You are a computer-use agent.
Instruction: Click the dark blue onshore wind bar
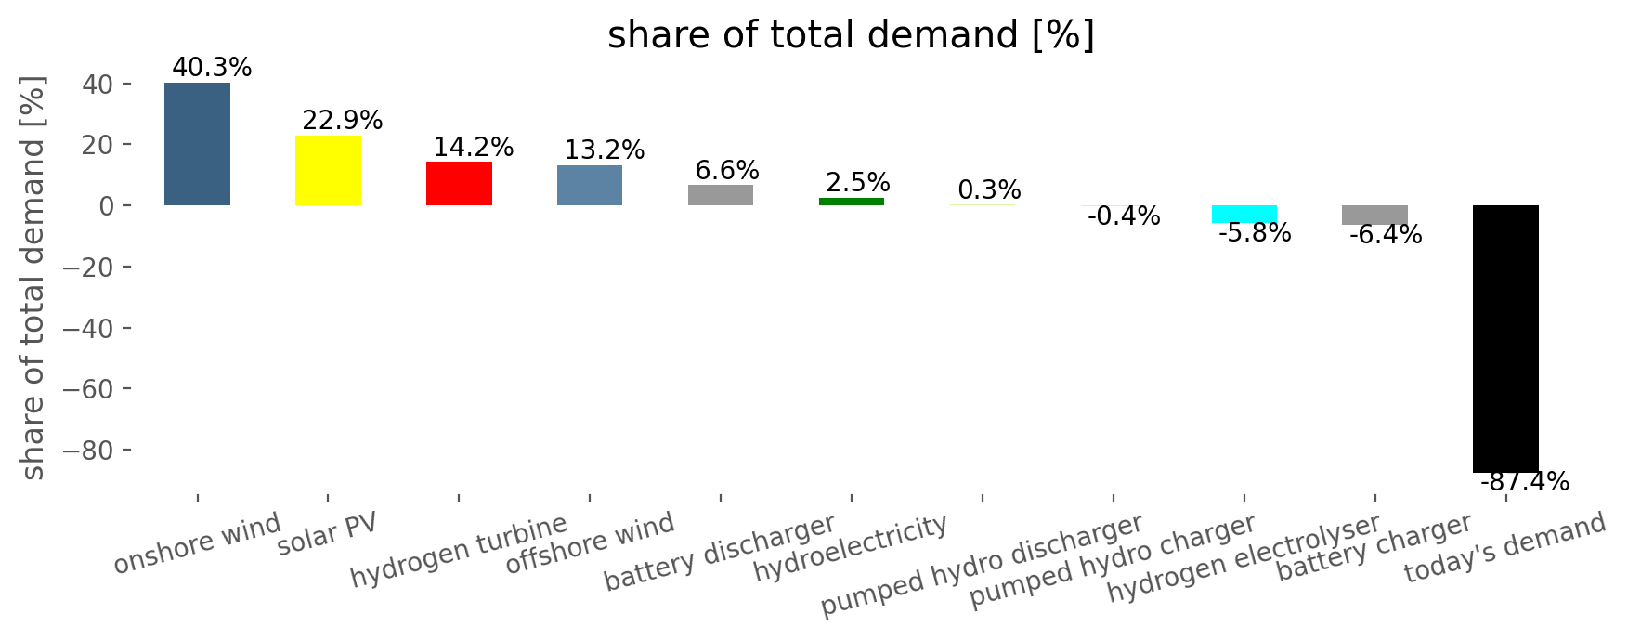[x=197, y=144]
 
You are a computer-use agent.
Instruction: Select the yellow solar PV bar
[x=328, y=170]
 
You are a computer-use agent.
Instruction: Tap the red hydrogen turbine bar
[x=459, y=183]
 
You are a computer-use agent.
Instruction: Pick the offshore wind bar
[x=590, y=185]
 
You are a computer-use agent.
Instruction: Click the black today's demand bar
[x=1505, y=338]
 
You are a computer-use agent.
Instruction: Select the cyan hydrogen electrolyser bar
[x=1244, y=214]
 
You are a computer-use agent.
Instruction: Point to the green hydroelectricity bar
[x=852, y=202]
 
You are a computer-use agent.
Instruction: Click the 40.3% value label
[x=212, y=68]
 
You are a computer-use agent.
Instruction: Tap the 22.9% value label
[x=343, y=121]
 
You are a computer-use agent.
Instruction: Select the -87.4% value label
[x=1524, y=482]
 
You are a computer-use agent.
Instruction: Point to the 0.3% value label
[x=989, y=190]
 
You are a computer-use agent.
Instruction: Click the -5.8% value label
[x=1254, y=233]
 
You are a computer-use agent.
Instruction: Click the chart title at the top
[x=851, y=35]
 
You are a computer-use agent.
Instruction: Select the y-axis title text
[x=33, y=279]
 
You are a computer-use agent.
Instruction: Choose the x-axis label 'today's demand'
[x=1504, y=548]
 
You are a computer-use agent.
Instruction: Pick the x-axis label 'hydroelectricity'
[x=851, y=549]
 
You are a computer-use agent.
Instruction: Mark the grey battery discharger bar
[x=721, y=195]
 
